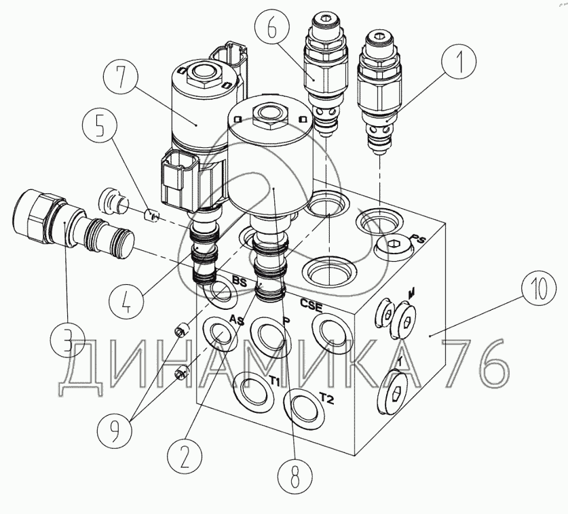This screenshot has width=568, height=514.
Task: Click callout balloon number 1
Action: [x=459, y=61]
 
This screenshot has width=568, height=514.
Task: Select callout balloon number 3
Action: [x=67, y=340]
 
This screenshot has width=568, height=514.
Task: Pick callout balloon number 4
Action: [x=126, y=300]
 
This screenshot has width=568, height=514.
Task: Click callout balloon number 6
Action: [x=271, y=29]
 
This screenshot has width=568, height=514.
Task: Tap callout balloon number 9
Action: [x=115, y=429]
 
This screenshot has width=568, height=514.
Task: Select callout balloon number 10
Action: [x=539, y=290]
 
